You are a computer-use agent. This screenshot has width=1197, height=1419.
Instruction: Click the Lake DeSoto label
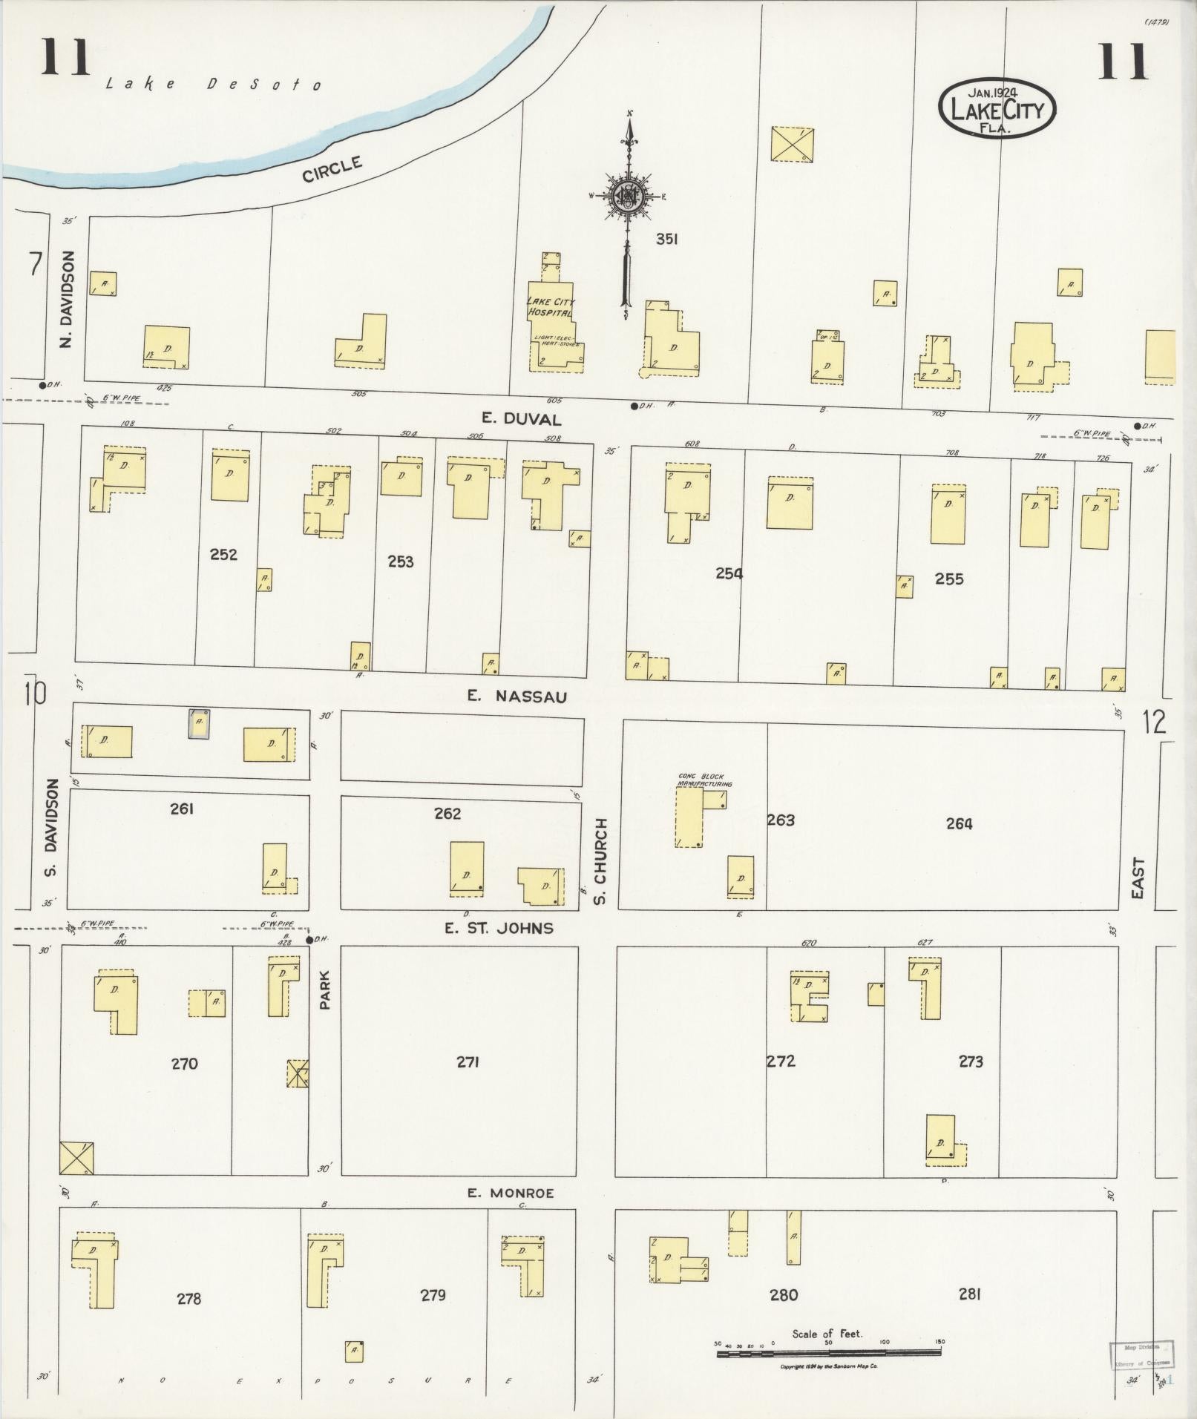[214, 84]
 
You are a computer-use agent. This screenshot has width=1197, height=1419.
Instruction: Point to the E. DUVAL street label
[532, 419]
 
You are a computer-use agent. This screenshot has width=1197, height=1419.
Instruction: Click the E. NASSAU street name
[517, 696]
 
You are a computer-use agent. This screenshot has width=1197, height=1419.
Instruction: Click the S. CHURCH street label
[601, 860]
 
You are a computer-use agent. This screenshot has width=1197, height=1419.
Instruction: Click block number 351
[666, 239]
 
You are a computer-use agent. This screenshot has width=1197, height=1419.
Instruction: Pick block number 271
[468, 1062]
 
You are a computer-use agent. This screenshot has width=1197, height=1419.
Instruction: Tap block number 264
[959, 823]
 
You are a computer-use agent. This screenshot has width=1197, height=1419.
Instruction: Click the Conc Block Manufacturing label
[704, 780]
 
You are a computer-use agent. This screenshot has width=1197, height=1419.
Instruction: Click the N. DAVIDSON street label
[68, 298]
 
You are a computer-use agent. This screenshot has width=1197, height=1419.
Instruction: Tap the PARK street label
[324, 990]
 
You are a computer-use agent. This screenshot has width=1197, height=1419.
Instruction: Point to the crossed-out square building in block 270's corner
[76, 1158]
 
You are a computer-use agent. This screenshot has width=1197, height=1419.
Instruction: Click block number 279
[433, 1295]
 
